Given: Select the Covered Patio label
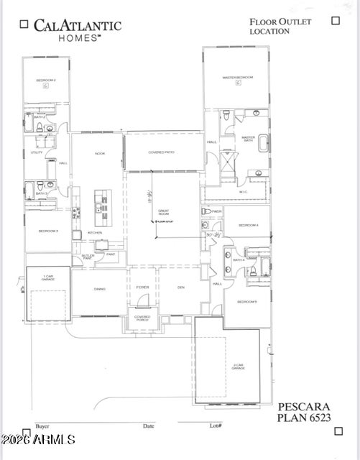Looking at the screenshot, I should point(162,152).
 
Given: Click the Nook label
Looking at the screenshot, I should point(100,154).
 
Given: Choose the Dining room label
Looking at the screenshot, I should point(99,289).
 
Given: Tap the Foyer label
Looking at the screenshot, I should point(142,287).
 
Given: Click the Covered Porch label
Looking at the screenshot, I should point(142,318).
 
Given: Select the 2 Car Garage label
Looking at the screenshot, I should point(238,366).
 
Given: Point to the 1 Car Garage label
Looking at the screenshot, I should point(47,277).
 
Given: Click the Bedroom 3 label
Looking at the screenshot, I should point(47,231).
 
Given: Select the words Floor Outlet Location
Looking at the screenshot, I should point(280,27).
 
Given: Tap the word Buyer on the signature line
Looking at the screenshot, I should point(42,425).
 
